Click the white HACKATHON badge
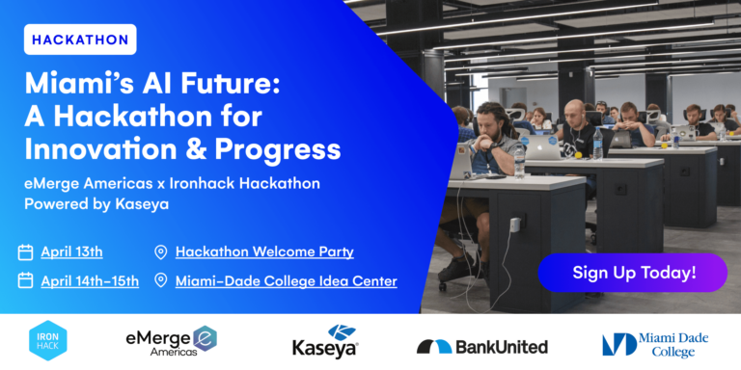pyautogui.click(x=80, y=40)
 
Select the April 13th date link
pyautogui.click(x=71, y=252)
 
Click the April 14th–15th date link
pyautogui.click(x=90, y=281)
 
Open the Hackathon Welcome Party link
pyautogui.click(x=264, y=252)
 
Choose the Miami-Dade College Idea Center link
pyautogui.click(x=287, y=281)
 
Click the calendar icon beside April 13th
pyautogui.click(x=25, y=252)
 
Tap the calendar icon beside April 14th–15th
pyautogui.click(x=25, y=280)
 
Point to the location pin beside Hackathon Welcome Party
pyautogui.click(x=161, y=252)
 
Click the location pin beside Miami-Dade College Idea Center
pyautogui.click(x=161, y=281)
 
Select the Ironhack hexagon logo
pyautogui.click(x=47, y=340)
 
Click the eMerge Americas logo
pyautogui.click(x=172, y=340)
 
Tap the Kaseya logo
pyautogui.click(x=325, y=341)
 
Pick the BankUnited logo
pyautogui.click(x=482, y=347)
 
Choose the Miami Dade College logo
pyautogui.click(x=655, y=345)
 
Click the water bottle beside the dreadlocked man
pyautogui.click(x=519, y=161)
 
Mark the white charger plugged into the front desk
pyautogui.click(x=514, y=224)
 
